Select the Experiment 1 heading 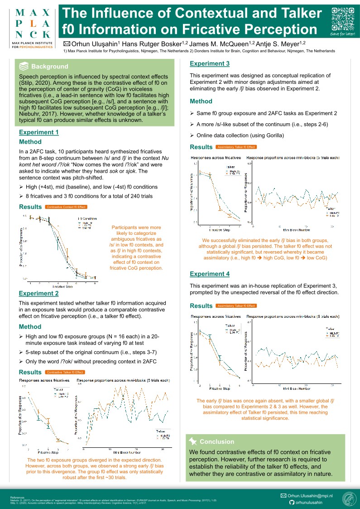pos(38,132)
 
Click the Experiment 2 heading pos(38,293)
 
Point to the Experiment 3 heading pos(210,63)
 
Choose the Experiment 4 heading pos(210,274)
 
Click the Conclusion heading pos(217,441)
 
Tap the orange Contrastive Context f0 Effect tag pos(66,207)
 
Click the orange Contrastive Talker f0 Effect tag pos(65,373)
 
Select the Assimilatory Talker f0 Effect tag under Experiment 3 pos(236,147)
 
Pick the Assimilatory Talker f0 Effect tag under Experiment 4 pos(236,306)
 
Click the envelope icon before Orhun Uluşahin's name pos(67,44)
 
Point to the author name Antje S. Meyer pos(282,44)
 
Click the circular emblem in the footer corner pos(349,499)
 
